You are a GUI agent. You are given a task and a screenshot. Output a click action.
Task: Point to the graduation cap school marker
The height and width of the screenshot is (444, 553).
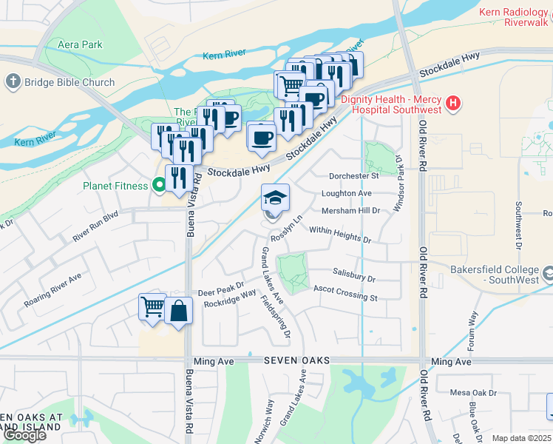tap(275, 199)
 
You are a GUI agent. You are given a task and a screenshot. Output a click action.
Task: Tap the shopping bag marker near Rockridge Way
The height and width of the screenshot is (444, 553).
tap(179, 312)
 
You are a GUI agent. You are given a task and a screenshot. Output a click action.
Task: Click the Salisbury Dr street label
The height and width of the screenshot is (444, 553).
tap(354, 275)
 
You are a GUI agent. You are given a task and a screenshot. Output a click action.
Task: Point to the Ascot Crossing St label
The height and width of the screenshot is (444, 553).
tap(345, 293)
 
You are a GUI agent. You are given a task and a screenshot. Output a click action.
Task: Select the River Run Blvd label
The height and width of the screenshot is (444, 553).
tap(96, 228)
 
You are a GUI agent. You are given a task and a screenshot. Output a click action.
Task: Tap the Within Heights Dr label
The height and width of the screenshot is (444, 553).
tap(340, 235)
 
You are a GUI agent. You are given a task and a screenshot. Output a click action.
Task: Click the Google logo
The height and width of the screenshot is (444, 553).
tap(24, 435)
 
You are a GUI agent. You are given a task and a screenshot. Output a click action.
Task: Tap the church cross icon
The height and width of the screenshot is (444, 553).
tap(13, 82)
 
